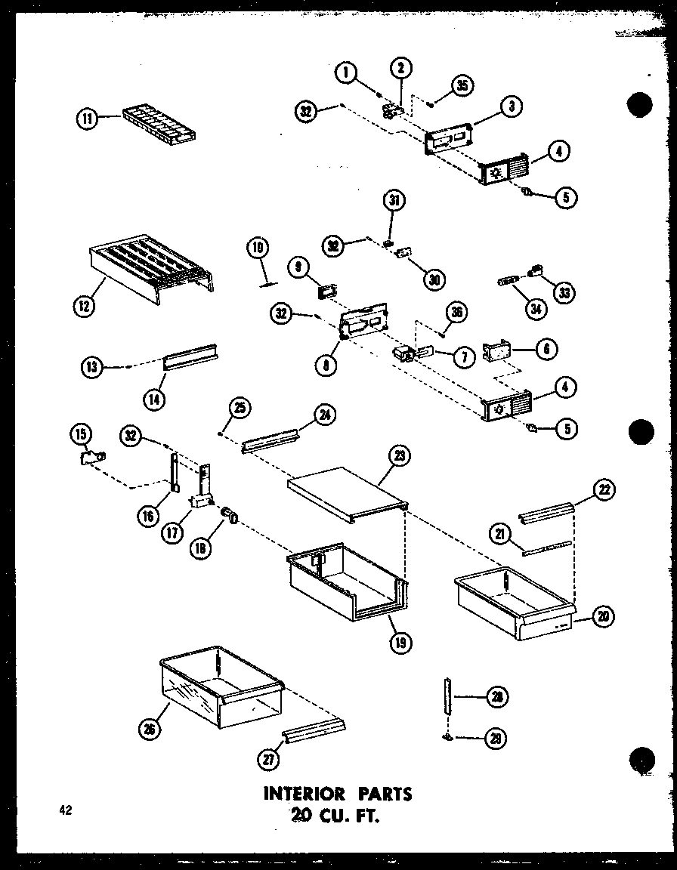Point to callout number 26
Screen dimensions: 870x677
tap(149, 729)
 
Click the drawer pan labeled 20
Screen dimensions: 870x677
tap(514, 603)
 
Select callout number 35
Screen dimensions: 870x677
tap(462, 85)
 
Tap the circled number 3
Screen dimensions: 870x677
tap(512, 106)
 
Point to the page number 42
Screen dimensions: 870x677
tap(65, 811)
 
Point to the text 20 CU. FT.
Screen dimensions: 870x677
tap(337, 816)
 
